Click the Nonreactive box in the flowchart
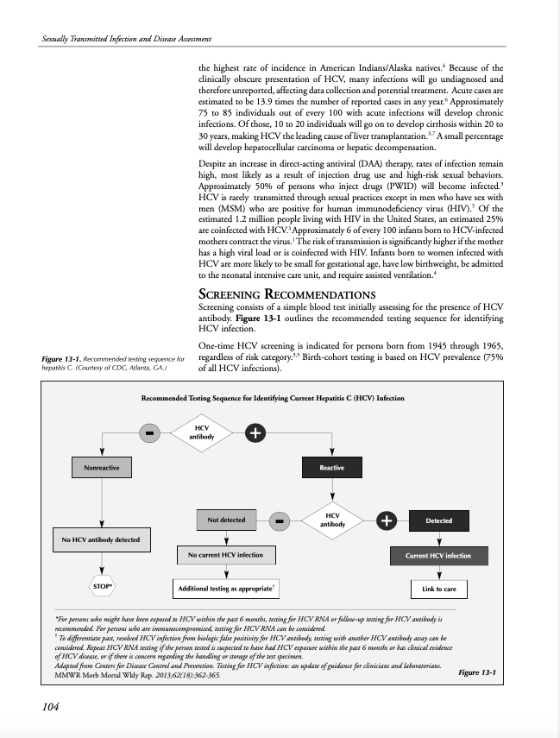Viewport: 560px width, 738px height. coord(102,468)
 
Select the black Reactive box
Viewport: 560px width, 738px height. coord(331,468)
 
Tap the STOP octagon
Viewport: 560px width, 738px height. coord(103,587)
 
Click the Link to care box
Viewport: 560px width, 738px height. coord(439,590)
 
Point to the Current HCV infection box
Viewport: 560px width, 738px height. coord(438,556)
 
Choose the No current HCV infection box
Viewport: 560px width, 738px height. coord(226,554)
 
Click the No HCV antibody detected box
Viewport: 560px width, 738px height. coord(101,541)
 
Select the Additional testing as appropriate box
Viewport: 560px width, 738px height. coord(226,590)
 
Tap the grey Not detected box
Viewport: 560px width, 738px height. coord(226,520)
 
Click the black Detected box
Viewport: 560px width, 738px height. coord(438,520)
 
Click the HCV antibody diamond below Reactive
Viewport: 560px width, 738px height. coord(332,520)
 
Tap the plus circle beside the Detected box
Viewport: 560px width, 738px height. coord(387,520)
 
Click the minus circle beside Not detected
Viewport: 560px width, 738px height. coord(279,520)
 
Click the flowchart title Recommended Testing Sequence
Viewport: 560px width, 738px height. coord(272,398)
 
